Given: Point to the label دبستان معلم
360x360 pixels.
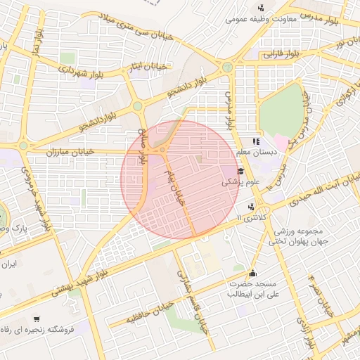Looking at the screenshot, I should pyautogui.click(x=257, y=151).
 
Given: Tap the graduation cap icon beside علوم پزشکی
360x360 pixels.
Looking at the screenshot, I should pyautogui.click(x=240, y=171).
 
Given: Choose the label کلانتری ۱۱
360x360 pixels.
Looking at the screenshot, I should pyautogui.click(x=253, y=217).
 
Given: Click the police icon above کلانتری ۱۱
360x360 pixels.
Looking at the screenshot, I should pyautogui.click(x=251, y=207).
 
